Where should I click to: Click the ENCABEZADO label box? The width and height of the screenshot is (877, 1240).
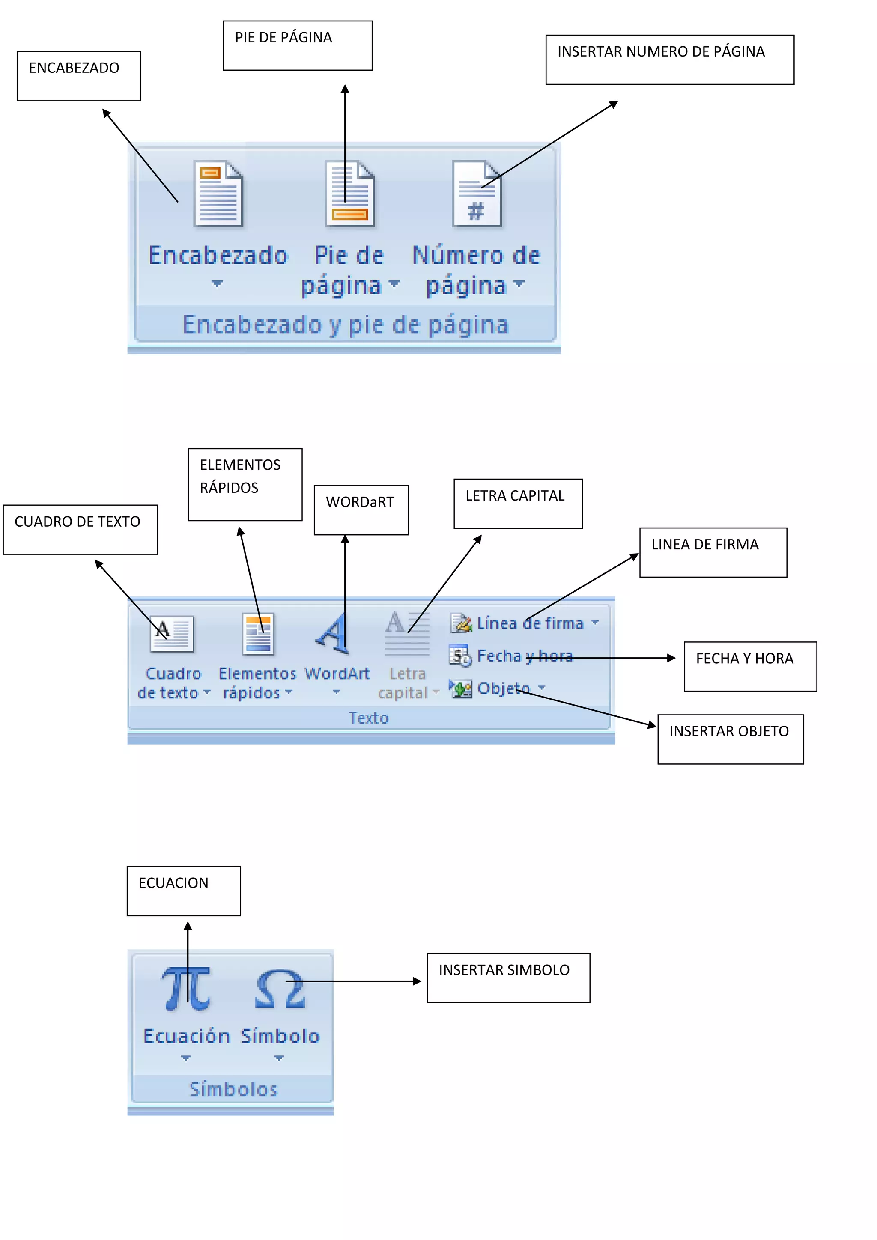[x=79, y=76]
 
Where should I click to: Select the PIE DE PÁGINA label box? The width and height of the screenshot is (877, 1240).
[x=298, y=46]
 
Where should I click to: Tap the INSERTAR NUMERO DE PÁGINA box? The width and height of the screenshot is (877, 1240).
[x=670, y=60]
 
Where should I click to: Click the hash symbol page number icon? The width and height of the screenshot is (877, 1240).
[x=476, y=194]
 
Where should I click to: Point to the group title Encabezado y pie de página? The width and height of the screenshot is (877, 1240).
[x=346, y=325]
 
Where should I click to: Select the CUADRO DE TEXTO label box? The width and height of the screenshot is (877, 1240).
[x=80, y=530]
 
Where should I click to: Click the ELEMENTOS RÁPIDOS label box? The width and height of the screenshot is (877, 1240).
[x=245, y=484]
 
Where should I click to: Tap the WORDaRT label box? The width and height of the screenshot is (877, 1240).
[x=361, y=510]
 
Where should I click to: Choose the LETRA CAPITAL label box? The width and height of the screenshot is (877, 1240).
[x=518, y=504]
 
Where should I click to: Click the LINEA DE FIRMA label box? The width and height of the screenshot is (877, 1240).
[x=713, y=552]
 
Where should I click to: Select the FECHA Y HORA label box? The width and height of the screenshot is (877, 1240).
[x=750, y=666]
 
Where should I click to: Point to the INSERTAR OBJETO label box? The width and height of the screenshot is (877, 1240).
[x=730, y=739]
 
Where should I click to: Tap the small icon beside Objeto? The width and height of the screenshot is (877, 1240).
[x=461, y=689]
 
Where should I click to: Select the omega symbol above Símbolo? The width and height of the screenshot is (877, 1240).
[x=280, y=990]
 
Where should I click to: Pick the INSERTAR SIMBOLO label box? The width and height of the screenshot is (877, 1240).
[x=508, y=978]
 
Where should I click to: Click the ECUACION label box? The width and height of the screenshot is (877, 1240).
[x=184, y=891]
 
